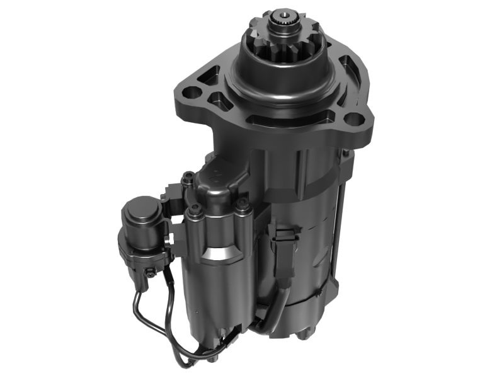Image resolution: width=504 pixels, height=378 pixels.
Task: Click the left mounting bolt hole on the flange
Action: [x=194, y=93]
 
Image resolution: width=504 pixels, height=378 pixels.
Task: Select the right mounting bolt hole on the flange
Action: [x=355, y=118]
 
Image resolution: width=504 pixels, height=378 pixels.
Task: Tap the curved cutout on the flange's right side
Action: [x=348, y=69]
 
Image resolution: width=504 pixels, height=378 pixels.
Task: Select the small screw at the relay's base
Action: [x=151, y=272]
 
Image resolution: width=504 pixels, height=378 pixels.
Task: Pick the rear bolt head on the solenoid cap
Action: [x=186, y=180]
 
